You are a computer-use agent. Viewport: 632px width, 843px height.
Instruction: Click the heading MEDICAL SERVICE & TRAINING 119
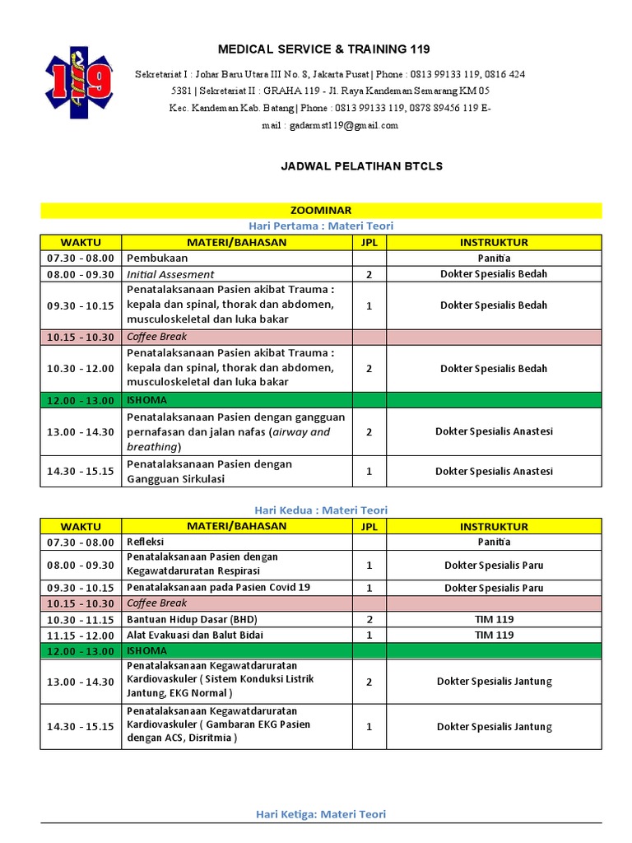(323, 49)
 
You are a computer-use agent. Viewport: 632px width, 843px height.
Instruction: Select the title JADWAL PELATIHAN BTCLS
(362, 166)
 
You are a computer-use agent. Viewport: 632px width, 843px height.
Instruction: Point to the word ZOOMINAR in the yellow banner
(321, 211)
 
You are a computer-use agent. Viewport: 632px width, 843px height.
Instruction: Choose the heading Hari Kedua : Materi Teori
(321, 510)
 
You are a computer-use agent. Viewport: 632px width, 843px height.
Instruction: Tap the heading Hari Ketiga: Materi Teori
(321, 814)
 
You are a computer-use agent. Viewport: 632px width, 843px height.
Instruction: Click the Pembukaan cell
(157, 258)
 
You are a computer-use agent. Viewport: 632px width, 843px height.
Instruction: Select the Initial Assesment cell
(170, 274)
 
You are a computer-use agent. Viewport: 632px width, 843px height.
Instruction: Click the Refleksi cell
(145, 542)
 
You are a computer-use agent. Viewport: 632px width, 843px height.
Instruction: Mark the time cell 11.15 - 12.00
(81, 635)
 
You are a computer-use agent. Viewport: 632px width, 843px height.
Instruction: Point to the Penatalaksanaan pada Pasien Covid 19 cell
(218, 588)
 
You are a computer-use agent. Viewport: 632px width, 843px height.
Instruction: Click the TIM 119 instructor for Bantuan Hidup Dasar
(494, 619)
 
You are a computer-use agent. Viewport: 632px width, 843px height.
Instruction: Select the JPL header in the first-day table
(369, 242)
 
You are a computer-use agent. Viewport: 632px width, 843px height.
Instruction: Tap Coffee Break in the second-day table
(156, 603)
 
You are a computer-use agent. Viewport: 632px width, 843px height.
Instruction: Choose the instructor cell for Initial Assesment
(494, 274)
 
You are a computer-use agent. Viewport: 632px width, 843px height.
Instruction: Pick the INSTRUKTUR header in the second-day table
(494, 527)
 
